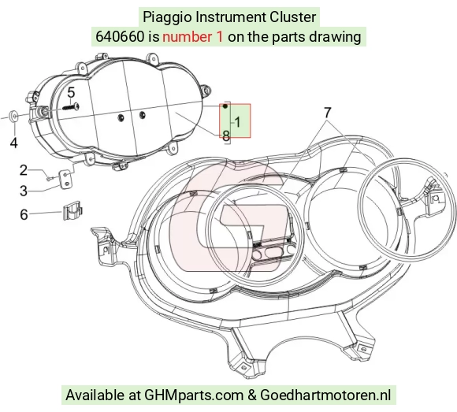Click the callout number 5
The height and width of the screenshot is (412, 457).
tap(71, 93)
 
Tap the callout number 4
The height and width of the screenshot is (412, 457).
tap(13, 143)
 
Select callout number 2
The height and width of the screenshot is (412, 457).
tap(24, 170)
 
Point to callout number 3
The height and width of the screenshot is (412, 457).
tap(24, 191)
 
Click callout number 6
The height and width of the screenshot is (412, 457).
tap(24, 214)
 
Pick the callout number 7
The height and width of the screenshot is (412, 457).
tap(328, 113)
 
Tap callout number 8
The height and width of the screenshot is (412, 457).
tap(226, 135)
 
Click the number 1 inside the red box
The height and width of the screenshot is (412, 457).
tap(237, 122)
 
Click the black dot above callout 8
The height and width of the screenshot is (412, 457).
tap(225, 106)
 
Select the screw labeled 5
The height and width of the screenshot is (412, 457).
tap(71, 107)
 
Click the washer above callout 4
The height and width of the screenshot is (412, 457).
tap(13, 117)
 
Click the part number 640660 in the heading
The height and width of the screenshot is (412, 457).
tap(120, 37)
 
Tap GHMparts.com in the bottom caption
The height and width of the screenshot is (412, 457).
tap(194, 395)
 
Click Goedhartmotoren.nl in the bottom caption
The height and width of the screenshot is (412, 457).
tap(325, 395)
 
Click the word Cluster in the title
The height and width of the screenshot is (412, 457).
tap(292, 17)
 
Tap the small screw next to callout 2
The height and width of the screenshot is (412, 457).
tap(50, 177)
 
